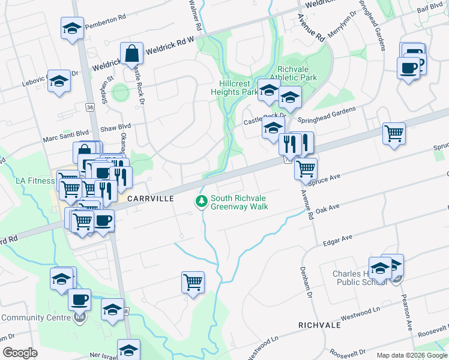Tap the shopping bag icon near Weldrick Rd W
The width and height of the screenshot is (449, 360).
click(131, 53)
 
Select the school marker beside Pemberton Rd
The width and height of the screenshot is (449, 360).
click(72, 28)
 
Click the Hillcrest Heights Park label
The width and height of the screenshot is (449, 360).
click(234, 88)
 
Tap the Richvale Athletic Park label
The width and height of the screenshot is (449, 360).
click(294, 73)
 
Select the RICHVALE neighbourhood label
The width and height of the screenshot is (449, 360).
click(319, 325)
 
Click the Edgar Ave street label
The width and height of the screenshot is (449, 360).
click(337, 241)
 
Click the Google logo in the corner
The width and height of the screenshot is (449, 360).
click(20, 352)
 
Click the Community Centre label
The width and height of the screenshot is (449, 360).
click(37, 318)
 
